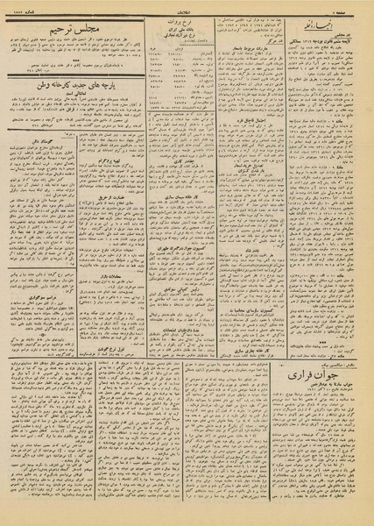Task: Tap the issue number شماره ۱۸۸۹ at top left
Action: point(21,7)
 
